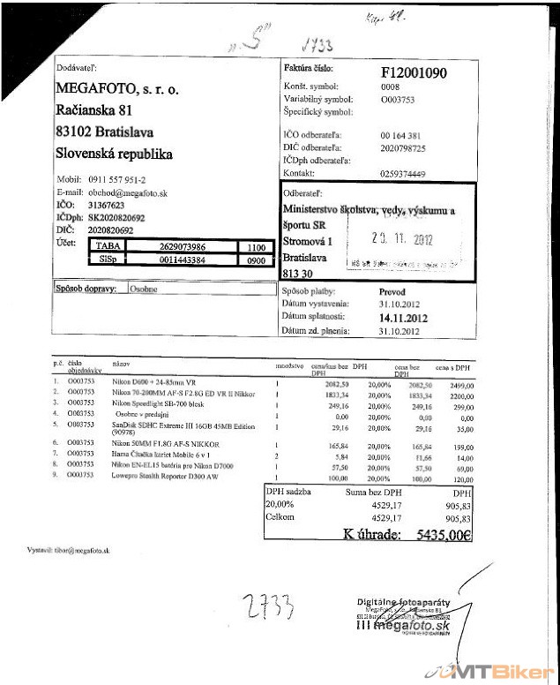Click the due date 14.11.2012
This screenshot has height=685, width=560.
click(x=403, y=317)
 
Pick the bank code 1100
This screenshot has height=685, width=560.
click(x=257, y=248)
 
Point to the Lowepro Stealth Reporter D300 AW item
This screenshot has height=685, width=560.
click(x=164, y=475)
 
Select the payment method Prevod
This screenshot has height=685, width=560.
click(x=392, y=291)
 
